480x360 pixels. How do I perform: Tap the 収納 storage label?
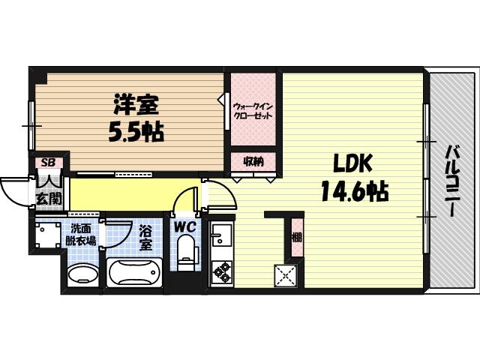tap(253, 160)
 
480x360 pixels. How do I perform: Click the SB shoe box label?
tap(47, 162)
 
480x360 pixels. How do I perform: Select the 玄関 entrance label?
tap(48, 199)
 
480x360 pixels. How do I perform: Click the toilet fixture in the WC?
tap(185, 253)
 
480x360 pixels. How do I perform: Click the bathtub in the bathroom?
tap(135, 273)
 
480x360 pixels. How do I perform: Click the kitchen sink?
tap(221, 239)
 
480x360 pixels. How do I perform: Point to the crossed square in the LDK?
tap(286, 275)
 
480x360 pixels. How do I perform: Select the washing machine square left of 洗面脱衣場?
tap(47, 235)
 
